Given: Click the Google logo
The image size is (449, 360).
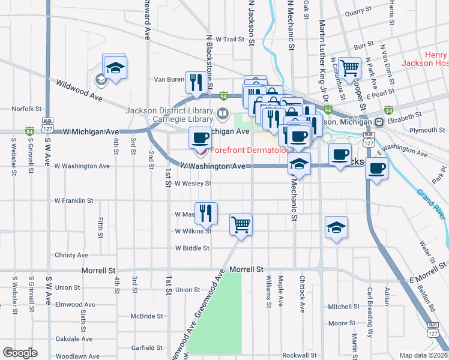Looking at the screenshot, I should [x=20, y=353].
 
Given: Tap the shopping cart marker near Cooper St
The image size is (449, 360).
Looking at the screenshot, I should [x=349, y=68].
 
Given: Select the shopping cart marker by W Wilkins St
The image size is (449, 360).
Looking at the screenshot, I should [x=241, y=225].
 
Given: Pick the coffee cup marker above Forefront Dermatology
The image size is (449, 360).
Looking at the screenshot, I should [x=200, y=138].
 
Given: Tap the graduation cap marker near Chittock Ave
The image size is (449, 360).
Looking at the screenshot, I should [x=336, y=227].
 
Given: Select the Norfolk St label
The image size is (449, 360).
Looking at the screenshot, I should [x=26, y=109].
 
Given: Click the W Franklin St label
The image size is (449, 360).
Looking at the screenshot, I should [x=74, y=200].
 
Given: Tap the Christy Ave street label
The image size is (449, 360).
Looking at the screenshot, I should [x=71, y=255].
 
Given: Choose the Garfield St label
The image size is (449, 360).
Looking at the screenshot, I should [x=147, y=347].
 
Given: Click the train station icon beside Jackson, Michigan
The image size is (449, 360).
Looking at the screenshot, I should [x=379, y=122].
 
